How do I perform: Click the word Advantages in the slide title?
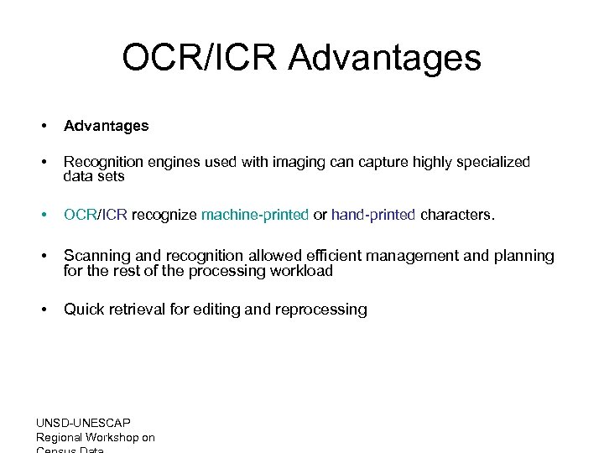[x=384, y=59]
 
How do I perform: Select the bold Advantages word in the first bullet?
[x=106, y=126]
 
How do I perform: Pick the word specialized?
[x=493, y=162]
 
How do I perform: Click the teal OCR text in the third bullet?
[x=80, y=215]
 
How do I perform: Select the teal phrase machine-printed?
[x=255, y=215]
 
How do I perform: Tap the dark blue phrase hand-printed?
[x=373, y=215]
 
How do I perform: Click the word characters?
[x=457, y=215]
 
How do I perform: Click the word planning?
[x=523, y=256]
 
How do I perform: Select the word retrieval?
[x=138, y=310]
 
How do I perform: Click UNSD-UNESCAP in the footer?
[x=83, y=423]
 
